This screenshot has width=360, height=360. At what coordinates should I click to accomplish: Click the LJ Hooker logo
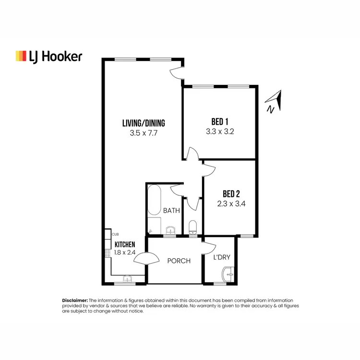coord(48,56)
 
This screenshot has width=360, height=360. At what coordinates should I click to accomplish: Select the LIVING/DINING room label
coord(144,123)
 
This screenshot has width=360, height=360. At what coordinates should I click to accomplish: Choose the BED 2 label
coord(231,194)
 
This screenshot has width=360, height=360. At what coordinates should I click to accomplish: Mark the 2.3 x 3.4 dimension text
coord(231,204)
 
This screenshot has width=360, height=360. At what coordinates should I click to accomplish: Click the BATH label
coord(171,210)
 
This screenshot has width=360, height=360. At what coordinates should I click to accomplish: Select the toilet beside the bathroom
coord(193,227)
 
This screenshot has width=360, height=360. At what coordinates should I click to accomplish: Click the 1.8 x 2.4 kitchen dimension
coord(125,252)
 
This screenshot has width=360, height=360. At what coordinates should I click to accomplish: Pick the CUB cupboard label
coord(115,234)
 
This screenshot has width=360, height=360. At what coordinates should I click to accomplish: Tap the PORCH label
coord(179,261)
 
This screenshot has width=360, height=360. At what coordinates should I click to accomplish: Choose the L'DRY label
coord(222,257)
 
